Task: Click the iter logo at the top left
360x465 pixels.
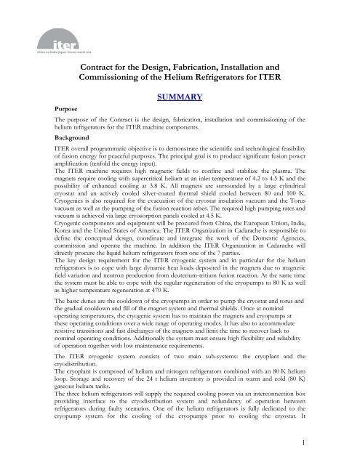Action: coord(30,22)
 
